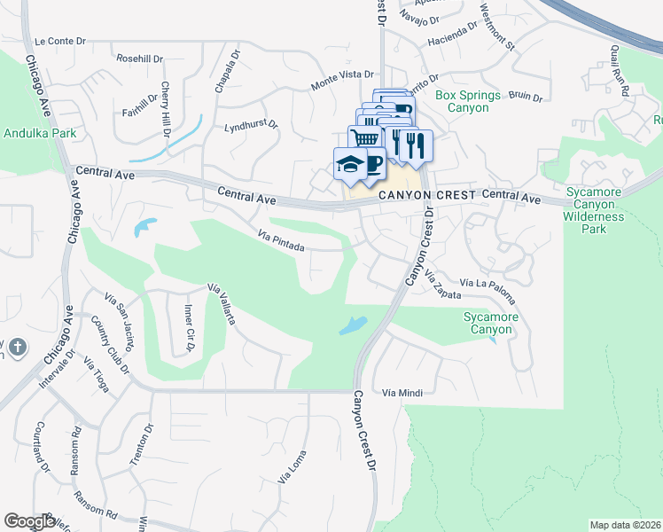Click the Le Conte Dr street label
[x=60, y=42]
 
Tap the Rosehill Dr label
[x=140, y=59]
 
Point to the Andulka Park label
[x=40, y=134]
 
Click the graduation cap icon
[x=348, y=163]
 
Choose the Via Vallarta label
[x=221, y=304]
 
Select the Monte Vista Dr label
[x=342, y=82]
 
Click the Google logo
[x=28, y=521]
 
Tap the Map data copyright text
[x=625, y=525]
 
